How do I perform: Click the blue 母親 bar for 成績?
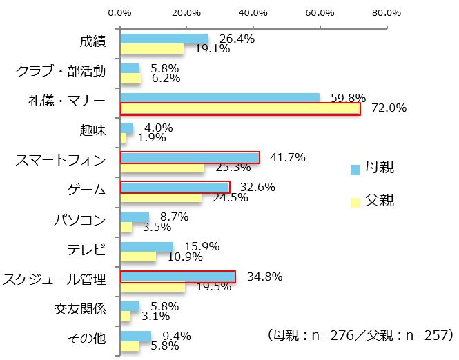coord(164,39)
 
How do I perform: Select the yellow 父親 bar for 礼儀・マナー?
coord(240,108)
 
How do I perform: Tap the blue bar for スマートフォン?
coord(190,158)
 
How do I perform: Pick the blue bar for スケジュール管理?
coord(178,277)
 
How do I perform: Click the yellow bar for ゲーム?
coord(162,198)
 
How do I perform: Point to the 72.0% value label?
coord(389,108)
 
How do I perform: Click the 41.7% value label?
coord(287,157)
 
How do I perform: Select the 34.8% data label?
coord(264,277)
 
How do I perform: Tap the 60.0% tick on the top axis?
coord(320,12)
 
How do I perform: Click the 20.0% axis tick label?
coord(186,12)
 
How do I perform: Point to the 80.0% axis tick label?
coord(386,12)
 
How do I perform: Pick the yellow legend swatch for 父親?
coord(355,201)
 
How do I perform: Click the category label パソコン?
coord(79,220)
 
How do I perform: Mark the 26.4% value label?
coord(237,39)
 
